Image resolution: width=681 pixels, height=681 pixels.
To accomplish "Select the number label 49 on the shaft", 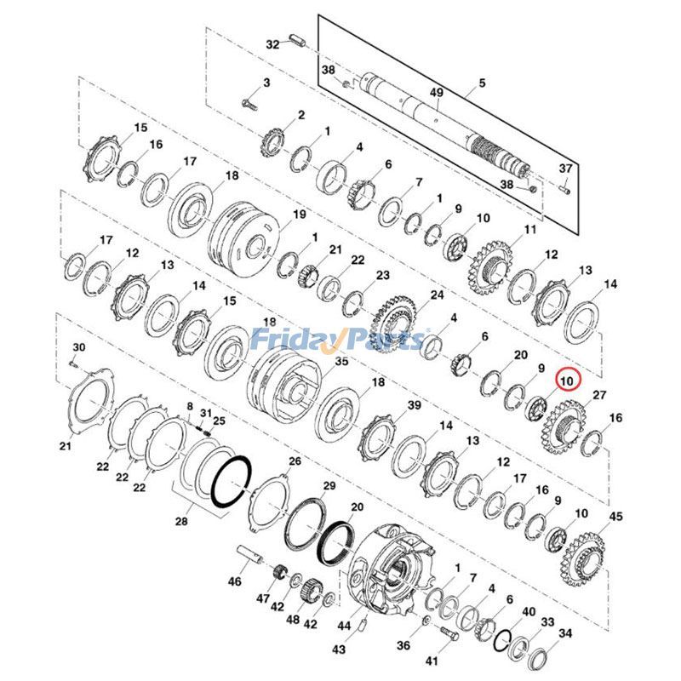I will tap(437, 93).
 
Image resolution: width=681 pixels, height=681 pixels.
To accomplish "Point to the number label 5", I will tap(482, 83).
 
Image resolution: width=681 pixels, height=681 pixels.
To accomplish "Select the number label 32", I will tap(272, 44).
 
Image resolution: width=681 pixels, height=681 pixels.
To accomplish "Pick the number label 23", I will tap(382, 275).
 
